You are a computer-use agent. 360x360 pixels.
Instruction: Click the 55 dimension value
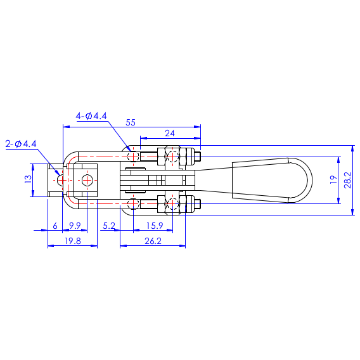131,122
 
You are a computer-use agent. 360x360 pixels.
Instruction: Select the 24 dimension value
170,133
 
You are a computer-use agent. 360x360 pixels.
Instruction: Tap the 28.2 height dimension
347,180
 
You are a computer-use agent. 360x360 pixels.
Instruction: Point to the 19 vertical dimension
333,179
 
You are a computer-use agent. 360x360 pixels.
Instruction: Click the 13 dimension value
29,179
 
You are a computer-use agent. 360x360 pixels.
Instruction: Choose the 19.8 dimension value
73,241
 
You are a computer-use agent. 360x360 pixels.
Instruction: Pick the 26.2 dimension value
153,241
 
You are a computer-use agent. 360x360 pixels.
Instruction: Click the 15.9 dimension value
155,226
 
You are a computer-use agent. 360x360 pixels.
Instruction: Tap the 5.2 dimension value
109,226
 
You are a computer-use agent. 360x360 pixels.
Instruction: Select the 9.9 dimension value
75,226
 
